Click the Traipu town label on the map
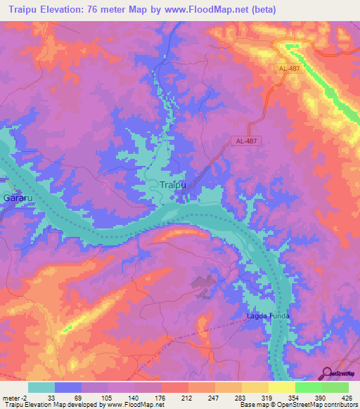pyautogui.click(x=169, y=185)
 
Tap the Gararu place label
pyautogui.click(x=15, y=199)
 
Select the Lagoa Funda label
pyautogui.click(x=268, y=316)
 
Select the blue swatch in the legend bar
pyautogui.click(x=67, y=387)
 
